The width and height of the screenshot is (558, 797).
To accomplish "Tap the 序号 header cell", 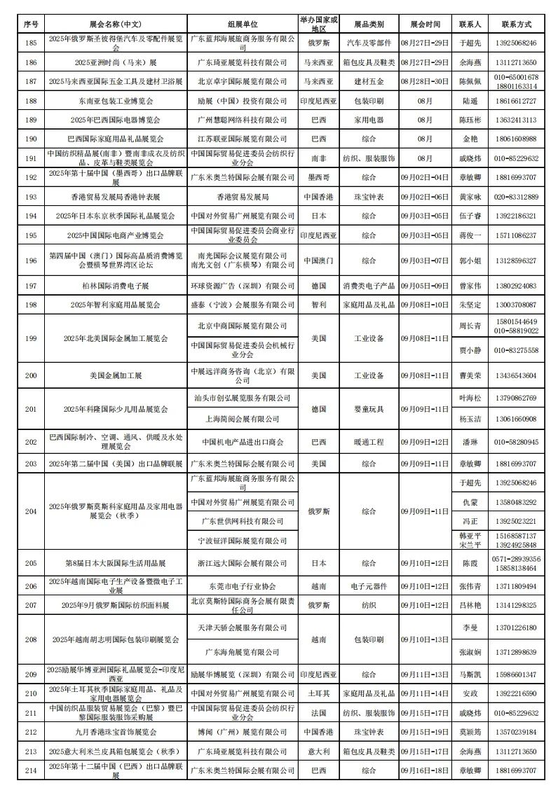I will [x=30, y=23].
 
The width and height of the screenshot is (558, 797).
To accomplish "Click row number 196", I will [x=30, y=261].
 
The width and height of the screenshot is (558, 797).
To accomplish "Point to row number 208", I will [x=30, y=639].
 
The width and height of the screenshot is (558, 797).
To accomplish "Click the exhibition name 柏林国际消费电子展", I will [x=115, y=286].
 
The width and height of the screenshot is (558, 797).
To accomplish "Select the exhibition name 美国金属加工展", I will [x=115, y=375].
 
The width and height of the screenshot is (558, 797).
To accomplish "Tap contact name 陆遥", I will [x=469, y=101].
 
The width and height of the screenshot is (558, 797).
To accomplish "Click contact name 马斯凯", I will [x=469, y=674].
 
